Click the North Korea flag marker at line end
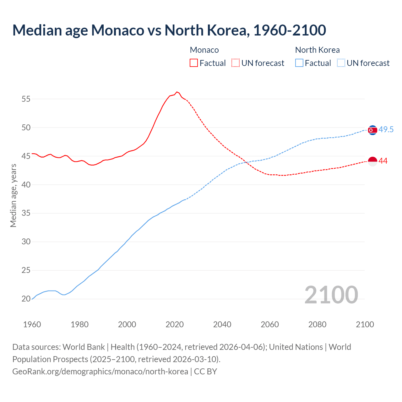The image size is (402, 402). click(x=372, y=130)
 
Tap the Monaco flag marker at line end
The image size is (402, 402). click(x=372, y=161)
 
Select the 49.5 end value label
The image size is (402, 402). click(x=386, y=129)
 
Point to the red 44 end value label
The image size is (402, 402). click(x=383, y=161)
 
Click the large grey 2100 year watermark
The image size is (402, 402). click(x=331, y=295)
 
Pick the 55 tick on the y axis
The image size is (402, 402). click(x=26, y=99)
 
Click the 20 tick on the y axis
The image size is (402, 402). click(x=26, y=299)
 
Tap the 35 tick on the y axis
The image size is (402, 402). click(x=26, y=213)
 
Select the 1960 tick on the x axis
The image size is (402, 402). click(x=32, y=324)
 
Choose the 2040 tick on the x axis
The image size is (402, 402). click(x=222, y=324)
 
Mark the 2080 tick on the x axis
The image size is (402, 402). click(x=317, y=324)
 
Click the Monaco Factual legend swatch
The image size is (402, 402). click(x=194, y=63)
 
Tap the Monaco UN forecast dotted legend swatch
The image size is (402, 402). click(x=236, y=63)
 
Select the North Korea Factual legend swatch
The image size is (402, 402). click(x=299, y=63)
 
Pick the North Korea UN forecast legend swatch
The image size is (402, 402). click(x=341, y=63)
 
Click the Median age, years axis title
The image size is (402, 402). click(x=13, y=195)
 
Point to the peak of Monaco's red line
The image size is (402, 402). click(x=177, y=92)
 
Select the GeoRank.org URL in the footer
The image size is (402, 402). click(x=100, y=371)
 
